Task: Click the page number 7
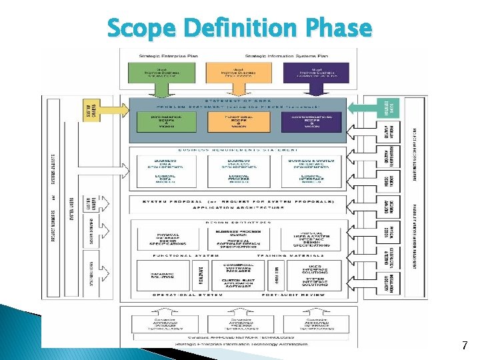464,345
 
